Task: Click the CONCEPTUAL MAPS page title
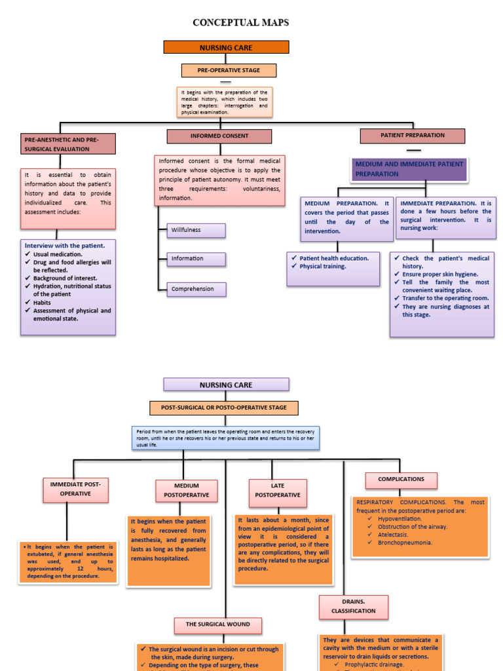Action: [240, 23]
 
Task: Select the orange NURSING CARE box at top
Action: [226, 47]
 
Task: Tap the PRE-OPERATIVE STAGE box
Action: [229, 70]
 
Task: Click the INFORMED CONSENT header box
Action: [219, 136]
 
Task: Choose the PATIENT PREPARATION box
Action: [413, 136]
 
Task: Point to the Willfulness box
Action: [196, 230]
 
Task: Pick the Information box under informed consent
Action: [196, 258]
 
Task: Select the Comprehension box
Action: [196, 289]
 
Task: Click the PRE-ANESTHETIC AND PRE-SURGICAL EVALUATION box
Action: [68, 144]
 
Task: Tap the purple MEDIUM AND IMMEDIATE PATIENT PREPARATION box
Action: [409, 169]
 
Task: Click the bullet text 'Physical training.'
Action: [323, 267]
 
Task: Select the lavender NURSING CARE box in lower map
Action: [226, 385]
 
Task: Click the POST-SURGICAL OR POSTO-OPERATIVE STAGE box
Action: [224, 408]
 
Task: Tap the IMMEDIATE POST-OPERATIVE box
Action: [76, 489]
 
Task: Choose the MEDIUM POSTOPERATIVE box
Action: [187, 490]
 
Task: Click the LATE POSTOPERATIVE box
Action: [277, 490]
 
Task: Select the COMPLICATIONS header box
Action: [401, 480]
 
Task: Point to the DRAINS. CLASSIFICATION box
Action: [354, 606]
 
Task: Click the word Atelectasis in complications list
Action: [393, 534]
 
